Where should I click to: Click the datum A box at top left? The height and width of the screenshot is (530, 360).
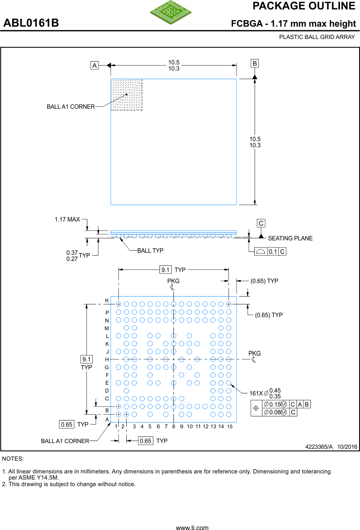[95, 65]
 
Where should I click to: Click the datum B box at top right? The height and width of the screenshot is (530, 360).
[255, 63]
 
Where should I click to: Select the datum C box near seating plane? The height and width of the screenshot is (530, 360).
[261, 223]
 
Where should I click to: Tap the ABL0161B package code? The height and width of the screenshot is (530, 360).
[31, 23]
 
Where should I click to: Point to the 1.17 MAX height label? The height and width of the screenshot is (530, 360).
[67, 219]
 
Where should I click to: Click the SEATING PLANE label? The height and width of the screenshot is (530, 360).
[290, 238]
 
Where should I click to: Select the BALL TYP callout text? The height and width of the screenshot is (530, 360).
[150, 250]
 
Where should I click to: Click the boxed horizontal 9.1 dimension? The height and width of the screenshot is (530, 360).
[166, 270]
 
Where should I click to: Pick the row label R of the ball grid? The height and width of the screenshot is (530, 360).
[107, 301]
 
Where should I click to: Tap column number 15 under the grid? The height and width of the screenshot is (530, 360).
[230, 427]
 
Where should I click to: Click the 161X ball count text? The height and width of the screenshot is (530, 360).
[256, 393]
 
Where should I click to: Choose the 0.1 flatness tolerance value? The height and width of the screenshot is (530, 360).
[273, 251]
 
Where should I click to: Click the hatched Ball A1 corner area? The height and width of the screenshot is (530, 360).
[127, 95]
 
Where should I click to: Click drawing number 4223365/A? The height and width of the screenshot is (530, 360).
[319, 447]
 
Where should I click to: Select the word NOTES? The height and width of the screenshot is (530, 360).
[13, 458]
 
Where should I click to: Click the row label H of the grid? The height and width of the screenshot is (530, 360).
[107, 359]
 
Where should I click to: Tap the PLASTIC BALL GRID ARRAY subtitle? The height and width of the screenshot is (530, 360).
[317, 37]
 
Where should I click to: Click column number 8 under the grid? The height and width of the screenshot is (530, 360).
[174, 427]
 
